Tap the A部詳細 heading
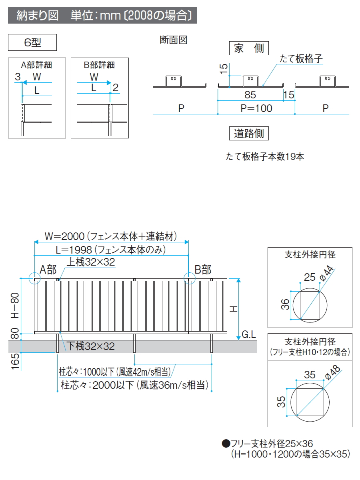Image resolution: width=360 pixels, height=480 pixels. (x=37, y=65)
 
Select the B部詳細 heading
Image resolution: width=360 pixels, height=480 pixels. (x=100, y=65)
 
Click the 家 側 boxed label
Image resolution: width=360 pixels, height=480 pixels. (x=249, y=49)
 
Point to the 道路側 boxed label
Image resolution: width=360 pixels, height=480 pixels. (x=249, y=134)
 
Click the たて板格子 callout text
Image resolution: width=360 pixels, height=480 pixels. (x=301, y=59)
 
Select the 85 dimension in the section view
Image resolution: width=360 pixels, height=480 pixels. (x=250, y=95)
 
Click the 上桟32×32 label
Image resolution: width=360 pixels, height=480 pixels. (x=91, y=262)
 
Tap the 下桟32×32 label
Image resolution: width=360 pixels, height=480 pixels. (x=91, y=346)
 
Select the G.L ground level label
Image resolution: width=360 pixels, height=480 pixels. (x=249, y=334)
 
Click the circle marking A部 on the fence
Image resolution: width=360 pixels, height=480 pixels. (x=34, y=279)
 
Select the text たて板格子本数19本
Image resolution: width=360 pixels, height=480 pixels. (x=265, y=157)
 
